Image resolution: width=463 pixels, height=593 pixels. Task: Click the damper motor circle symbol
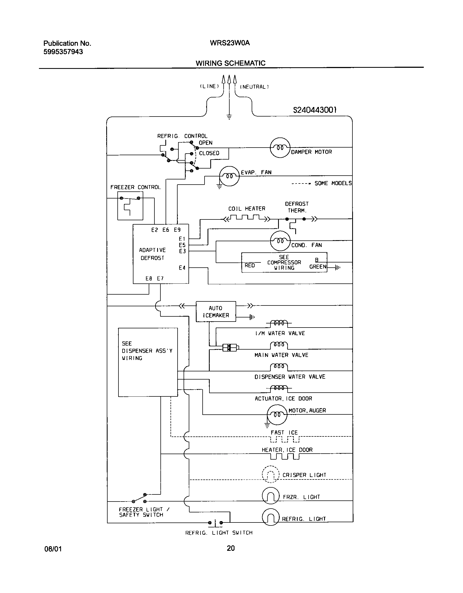pos(280,148)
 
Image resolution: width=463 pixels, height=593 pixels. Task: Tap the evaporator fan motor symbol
pos(229,176)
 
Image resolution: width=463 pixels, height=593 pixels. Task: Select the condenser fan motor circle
pos(280,241)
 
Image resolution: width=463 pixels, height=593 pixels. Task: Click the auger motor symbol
pos(277,414)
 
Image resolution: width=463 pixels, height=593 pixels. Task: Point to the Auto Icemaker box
pos(216,311)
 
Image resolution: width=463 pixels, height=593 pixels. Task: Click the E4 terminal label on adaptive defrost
pos(182,268)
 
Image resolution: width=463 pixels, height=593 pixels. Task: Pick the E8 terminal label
pos(149,279)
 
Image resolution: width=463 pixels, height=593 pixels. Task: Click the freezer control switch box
pos(130,206)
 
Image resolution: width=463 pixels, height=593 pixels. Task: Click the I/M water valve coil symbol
pos(279,323)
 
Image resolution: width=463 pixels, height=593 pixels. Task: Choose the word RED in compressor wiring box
pos(250,265)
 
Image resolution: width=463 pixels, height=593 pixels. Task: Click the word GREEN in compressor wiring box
pos(318,267)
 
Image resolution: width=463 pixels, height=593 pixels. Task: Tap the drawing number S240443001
pos(315,110)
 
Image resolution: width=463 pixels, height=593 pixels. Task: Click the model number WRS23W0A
pos(230,43)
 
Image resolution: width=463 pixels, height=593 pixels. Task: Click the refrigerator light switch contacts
pos(215,523)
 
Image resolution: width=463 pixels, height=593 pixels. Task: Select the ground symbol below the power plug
pos(229,117)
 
